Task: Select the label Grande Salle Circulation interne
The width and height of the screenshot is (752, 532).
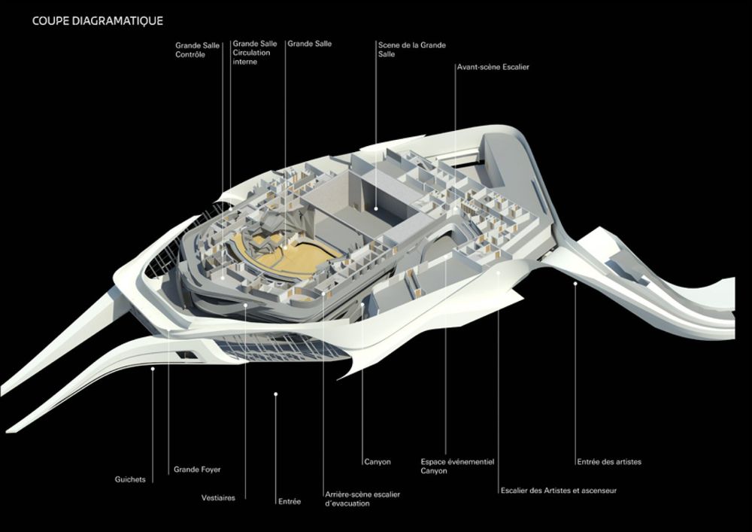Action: pos(255,53)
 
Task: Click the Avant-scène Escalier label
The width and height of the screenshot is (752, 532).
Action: pos(493,67)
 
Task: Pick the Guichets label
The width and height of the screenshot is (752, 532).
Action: pos(130,479)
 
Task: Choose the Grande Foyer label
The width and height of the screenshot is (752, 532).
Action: pos(197,470)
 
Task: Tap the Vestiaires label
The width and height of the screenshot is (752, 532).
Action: pos(218,497)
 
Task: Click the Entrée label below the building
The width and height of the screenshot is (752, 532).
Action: pos(289,501)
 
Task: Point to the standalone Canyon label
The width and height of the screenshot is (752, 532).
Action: pos(377,461)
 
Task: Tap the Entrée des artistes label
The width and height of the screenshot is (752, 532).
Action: pos(609,461)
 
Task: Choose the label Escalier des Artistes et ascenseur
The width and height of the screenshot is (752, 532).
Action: pos(558,491)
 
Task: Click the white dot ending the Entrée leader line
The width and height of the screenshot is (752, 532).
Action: pos(276,394)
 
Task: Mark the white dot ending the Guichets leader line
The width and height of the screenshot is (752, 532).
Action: pos(153,368)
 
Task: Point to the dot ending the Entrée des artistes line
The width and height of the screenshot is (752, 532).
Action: pos(576,283)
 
